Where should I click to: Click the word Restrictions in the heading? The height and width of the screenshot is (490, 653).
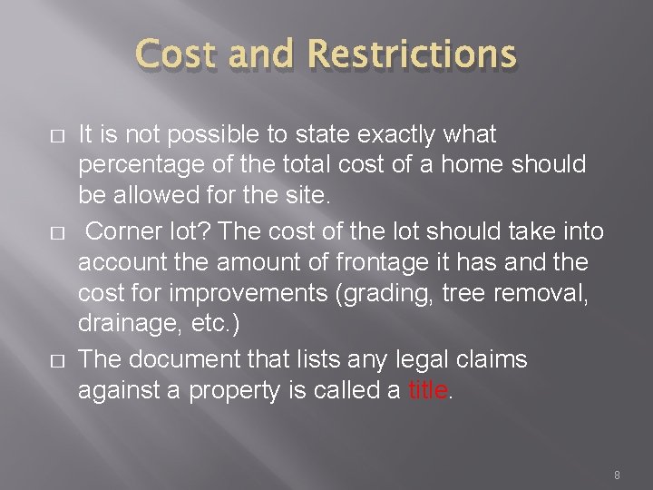(413, 55)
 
